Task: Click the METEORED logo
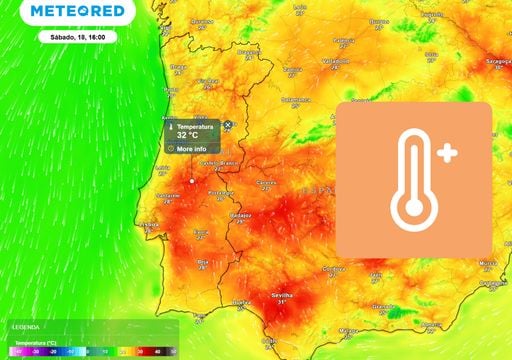tap(78, 12)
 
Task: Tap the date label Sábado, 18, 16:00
tap(78, 36)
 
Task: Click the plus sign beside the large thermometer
tap(446, 154)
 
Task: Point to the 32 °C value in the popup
tap(188, 135)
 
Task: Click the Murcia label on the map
tap(487, 263)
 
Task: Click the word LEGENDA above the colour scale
tap(26, 327)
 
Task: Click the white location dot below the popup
tap(191, 181)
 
